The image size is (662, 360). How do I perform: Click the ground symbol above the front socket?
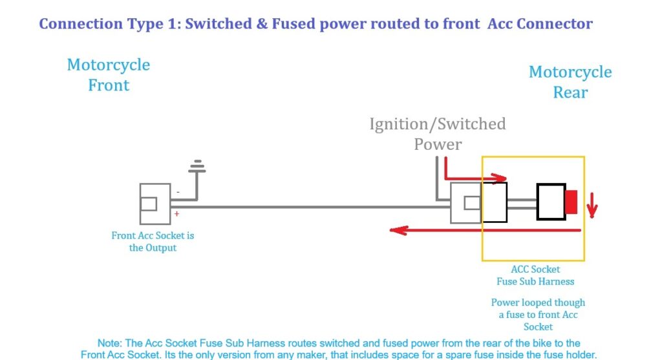[197, 167]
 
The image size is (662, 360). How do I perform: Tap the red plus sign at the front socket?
[176, 213]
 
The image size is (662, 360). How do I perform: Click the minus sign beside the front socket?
[178, 192]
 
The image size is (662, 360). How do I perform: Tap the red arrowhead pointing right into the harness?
[502, 177]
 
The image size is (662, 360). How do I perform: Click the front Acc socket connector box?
[155, 203]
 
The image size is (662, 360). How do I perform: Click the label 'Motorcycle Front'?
[109, 75]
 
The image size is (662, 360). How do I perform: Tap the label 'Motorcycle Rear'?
[570, 82]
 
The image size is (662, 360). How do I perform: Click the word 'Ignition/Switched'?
[438, 123]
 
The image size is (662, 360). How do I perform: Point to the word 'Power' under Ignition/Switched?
[438, 144]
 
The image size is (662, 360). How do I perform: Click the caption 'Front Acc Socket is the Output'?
[153, 242]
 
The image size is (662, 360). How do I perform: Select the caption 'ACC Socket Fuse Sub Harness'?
[535, 275]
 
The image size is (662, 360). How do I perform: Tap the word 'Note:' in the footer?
[111, 343]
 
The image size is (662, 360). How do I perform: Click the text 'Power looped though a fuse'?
[538, 308]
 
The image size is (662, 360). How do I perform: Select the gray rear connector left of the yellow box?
[466, 203]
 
